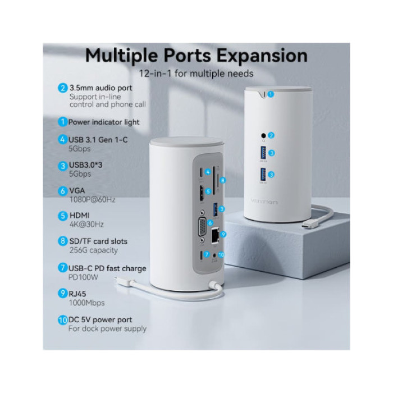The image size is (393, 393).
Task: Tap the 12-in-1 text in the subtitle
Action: click(x=159, y=74)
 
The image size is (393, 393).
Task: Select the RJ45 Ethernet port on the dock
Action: click(x=214, y=237)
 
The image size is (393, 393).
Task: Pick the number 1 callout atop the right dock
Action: click(x=271, y=94)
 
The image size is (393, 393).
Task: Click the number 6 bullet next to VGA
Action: click(x=63, y=190)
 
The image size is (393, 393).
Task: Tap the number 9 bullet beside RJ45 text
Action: click(x=63, y=293)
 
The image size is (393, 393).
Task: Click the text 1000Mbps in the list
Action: click(x=87, y=302)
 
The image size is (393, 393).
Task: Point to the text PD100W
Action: click(x=83, y=277)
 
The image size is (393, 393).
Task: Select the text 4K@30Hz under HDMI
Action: click(x=85, y=225)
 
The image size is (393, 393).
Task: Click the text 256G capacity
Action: click(x=93, y=250)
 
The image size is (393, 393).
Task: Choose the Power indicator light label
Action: click(x=104, y=122)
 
